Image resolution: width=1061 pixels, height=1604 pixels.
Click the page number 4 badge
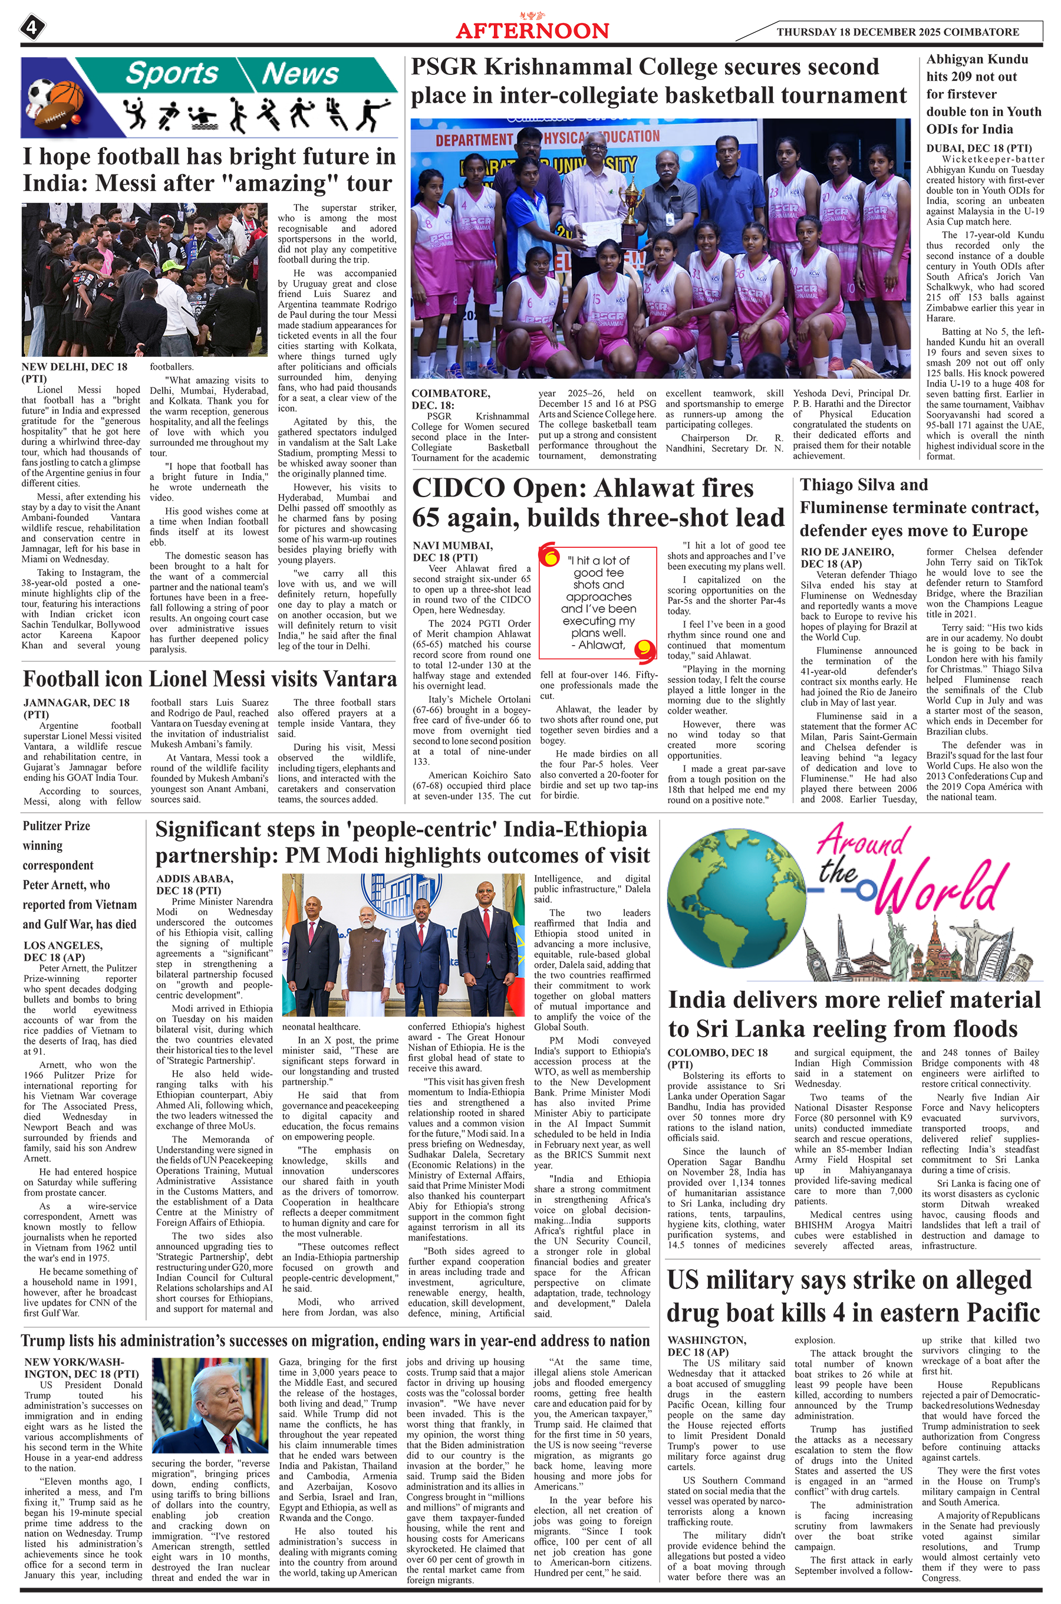click(32, 28)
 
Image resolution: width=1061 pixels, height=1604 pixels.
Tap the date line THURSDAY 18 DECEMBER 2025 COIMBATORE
click(897, 32)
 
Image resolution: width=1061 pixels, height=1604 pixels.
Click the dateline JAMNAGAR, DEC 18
click(77, 702)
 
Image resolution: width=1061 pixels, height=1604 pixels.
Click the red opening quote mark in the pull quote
click(549, 556)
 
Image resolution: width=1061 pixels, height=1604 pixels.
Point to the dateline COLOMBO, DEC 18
click(717, 1053)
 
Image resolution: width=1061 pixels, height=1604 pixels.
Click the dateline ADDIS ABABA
click(195, 879)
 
